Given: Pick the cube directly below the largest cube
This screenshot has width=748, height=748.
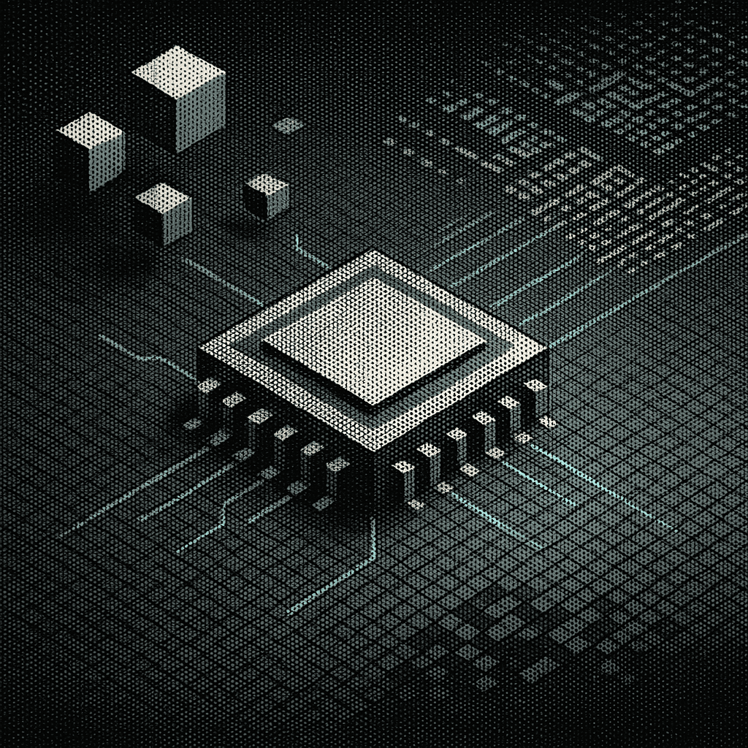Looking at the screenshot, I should [x=164, y=212].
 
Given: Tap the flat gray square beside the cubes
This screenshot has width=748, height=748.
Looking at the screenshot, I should [x=289, y=126].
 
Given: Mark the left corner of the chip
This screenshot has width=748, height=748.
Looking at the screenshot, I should [x=200, y=352].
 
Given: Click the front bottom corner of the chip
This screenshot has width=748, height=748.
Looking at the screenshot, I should [x=374, y=467].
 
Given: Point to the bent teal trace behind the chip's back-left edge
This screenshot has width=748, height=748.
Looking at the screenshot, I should [x=307, y=252].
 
